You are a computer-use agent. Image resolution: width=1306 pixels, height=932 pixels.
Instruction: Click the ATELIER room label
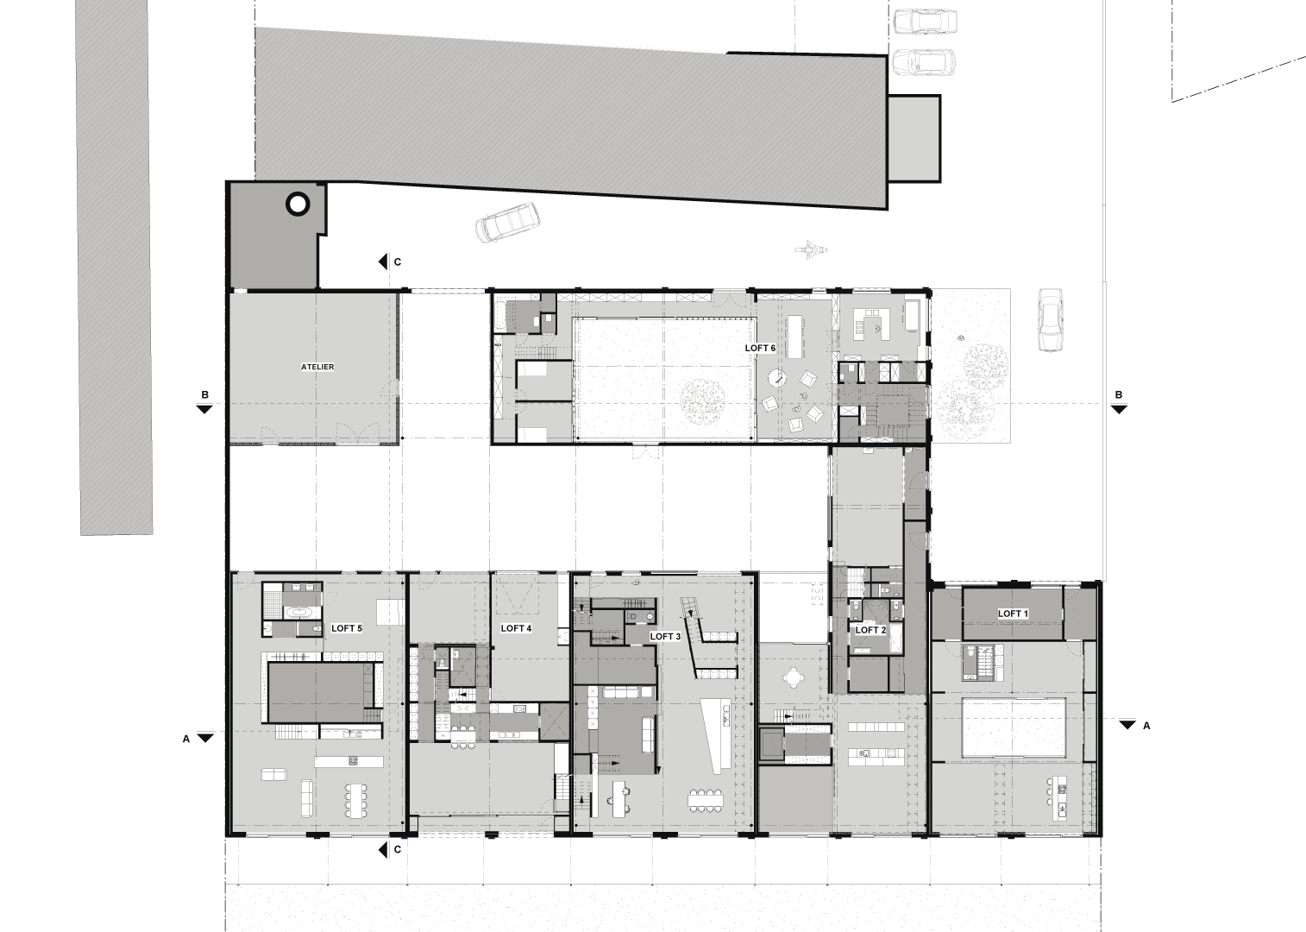(x=317, y=367)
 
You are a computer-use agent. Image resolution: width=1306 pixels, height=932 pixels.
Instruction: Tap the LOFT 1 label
(x=1013, y=614)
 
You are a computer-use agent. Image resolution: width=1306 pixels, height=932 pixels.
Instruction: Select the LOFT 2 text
(x=870, y=630)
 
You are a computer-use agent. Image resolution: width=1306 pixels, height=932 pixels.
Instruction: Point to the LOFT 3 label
(x=665, y=636)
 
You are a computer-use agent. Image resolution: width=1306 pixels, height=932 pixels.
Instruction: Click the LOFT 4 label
(x=516, y=628)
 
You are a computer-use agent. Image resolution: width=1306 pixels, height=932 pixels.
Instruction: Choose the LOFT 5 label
(x=346, y=628)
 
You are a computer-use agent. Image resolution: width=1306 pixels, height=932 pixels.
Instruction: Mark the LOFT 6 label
(x=760, y=348)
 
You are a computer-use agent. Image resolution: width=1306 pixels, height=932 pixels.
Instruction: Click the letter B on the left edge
(x=204, y=395)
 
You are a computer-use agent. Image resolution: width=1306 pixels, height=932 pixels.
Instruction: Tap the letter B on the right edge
(x=1118, y=395)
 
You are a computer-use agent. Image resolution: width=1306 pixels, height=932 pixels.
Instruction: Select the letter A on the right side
(x=1146, y=726)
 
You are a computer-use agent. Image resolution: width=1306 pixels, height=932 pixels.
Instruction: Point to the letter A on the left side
(x=186, y=739)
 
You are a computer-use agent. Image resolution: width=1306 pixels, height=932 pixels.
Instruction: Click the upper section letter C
(x=398, y=261)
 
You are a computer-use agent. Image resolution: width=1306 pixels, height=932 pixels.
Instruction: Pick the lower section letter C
(x=398, y=849)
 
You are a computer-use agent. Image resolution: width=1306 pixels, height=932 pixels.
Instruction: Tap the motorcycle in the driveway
(x=812, y=249)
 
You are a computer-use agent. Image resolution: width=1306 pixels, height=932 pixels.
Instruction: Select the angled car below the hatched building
(x=507, y=222)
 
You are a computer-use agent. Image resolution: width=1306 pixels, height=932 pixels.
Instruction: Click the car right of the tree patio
(x=1050, y=319)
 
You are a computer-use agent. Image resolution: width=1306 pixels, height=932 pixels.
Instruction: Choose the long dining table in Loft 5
(x=355, y=798)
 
